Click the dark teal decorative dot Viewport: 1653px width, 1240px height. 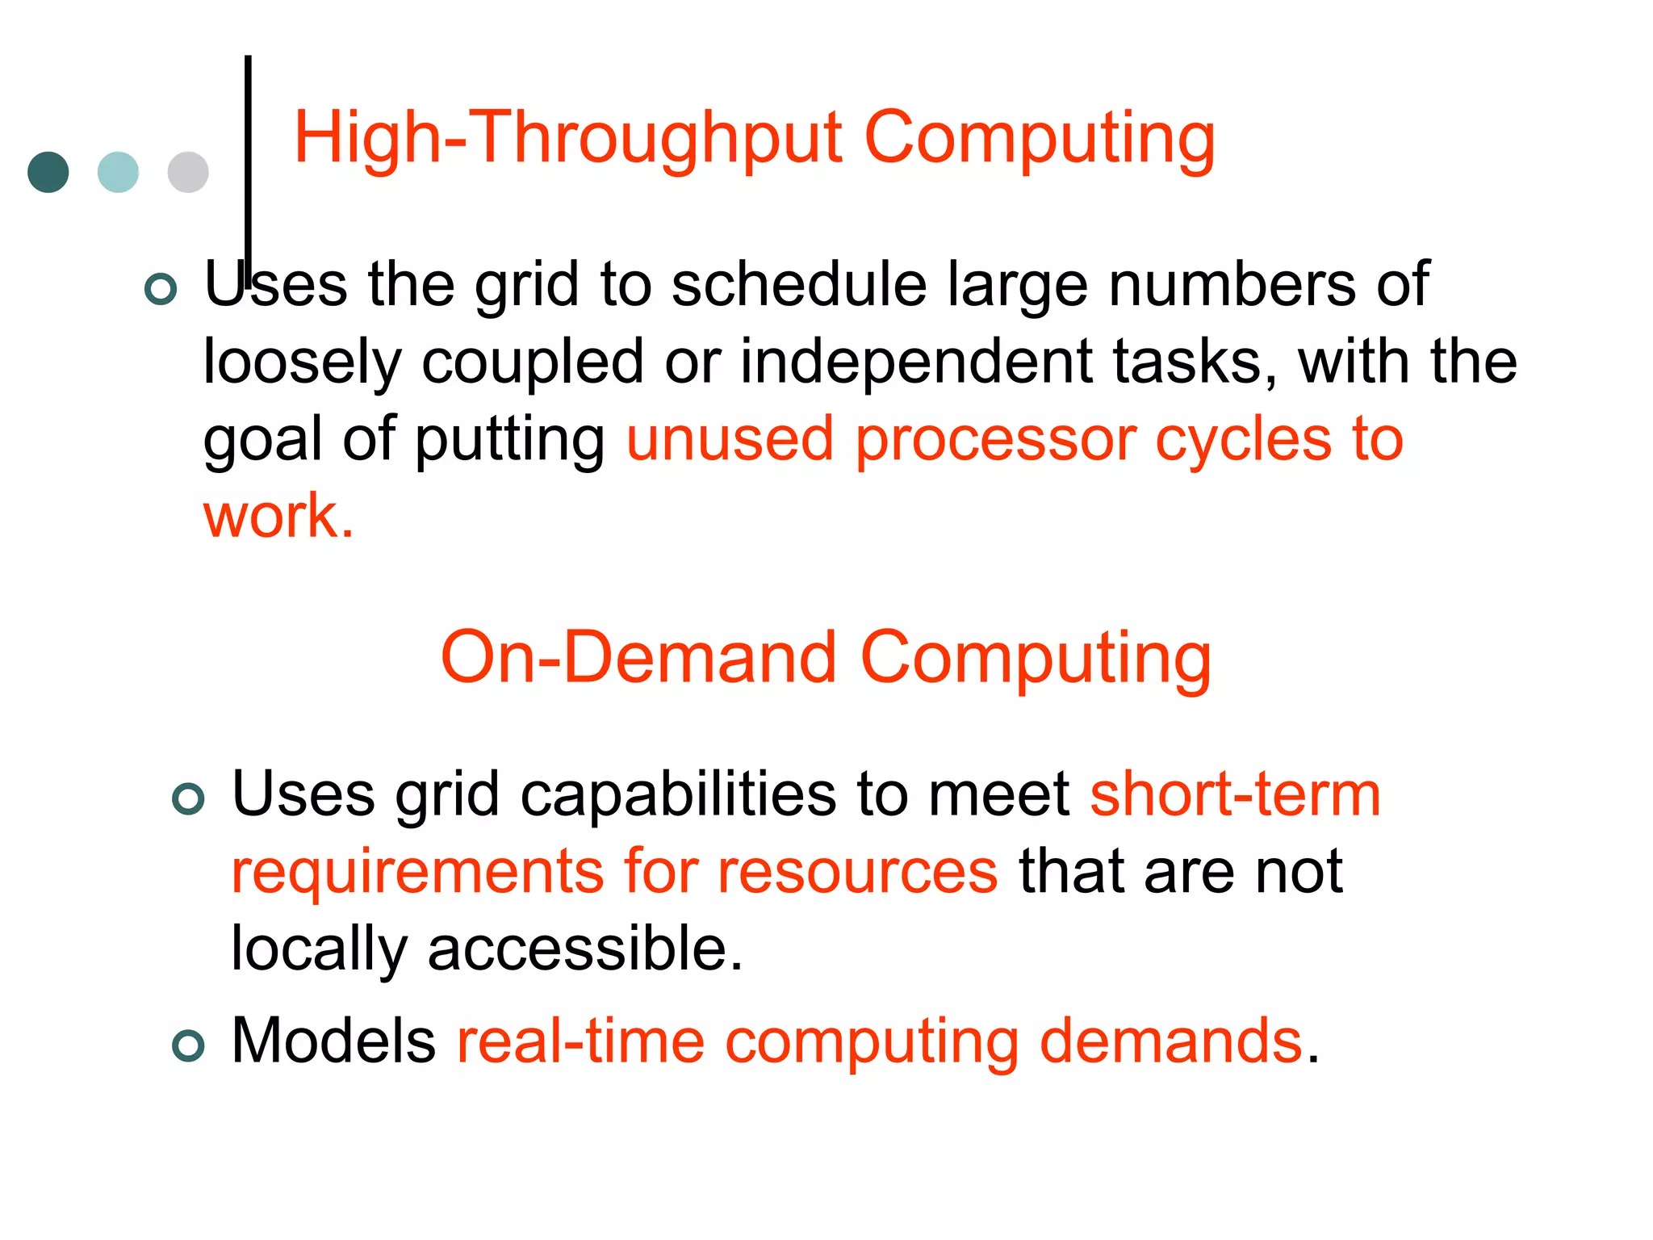[48, 172]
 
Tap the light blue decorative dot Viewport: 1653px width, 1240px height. [118, 172]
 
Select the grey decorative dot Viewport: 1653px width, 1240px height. [188, 172]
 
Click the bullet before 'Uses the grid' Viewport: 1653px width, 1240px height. [161, 289]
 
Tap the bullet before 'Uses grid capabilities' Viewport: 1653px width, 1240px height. [189, 799]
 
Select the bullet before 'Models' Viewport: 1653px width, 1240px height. [189, 1046]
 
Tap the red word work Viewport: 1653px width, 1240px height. [278, 517]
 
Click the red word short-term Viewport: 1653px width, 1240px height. [1235, 795]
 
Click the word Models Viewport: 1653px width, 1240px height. [333, 1041]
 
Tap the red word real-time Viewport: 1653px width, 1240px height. [580, 1041]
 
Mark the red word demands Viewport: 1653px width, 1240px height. [1170, 1041]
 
